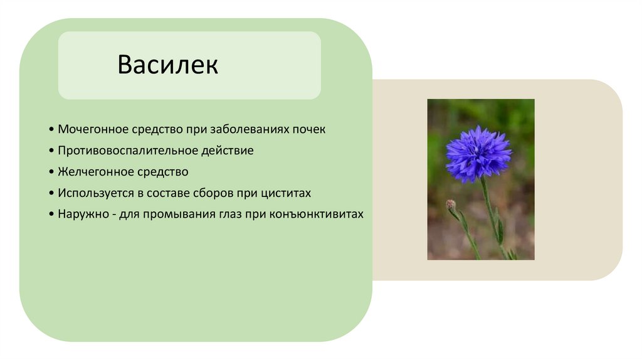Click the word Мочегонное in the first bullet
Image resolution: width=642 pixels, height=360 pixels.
[x=92, y=129]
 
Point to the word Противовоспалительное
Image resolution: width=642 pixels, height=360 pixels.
[x=118, y=151]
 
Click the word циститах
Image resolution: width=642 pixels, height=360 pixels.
[x=287, y=193]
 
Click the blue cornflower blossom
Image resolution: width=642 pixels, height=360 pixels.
[x=477, y=152]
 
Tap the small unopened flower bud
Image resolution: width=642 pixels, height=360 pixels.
[x=450, y=205]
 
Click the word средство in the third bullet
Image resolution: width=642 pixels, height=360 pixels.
[x=159, y=172]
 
